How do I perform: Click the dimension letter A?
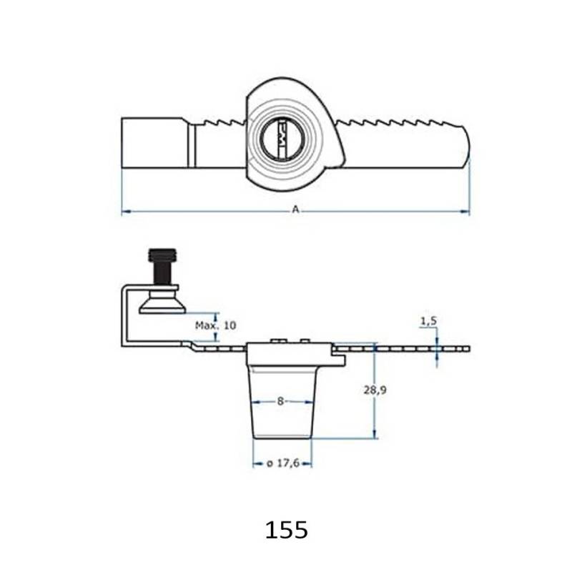tap(295, 209)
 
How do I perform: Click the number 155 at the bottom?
tap(287, 530)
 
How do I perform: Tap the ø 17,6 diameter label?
tap(282, 463)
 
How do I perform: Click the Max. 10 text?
tap(214, 325)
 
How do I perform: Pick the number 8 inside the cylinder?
tap(281, 402)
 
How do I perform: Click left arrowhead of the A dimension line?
tap(124, 212)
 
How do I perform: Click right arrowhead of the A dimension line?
tap(467, 212)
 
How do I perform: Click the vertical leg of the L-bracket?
tap(124, 315)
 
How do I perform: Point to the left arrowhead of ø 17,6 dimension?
tap(256, 463)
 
